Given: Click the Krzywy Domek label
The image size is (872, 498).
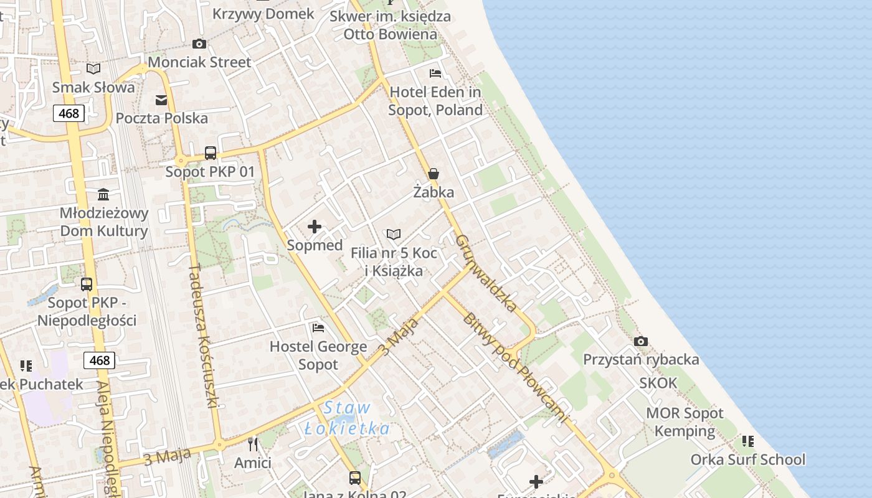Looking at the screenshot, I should [x=263, y=14].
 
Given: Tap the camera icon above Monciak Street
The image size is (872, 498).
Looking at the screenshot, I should [x=199, y=44].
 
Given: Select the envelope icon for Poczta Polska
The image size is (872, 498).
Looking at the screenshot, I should [x=161, y=100].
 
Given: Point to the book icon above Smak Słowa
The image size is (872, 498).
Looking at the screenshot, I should [x=93, y=68].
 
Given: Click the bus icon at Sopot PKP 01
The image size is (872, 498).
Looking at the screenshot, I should [x=211, y=153].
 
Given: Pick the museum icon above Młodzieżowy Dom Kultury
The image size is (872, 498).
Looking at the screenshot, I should [x=103, y=195].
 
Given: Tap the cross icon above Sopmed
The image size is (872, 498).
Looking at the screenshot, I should [x=315, y=227].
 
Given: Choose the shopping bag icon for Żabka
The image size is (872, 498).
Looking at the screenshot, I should [x=434, y=174].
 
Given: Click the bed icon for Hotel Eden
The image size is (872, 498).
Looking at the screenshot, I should [x=435, y=73].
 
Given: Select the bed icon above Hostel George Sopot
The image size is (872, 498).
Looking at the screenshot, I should [x=318, y=327].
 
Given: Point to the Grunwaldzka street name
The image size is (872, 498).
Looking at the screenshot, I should [x=486, y=273].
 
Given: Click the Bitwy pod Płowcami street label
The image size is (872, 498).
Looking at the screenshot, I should [x=515, y=367].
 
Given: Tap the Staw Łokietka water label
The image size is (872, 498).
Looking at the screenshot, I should [x=348, y=418].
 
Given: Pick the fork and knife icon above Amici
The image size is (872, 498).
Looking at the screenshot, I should [x=253, y=444].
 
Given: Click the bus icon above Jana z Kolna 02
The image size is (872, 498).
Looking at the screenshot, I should [x=355, y=477].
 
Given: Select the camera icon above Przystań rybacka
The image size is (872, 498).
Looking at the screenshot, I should [x=640, y=341].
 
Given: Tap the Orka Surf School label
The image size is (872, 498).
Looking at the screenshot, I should [x=747, y=460].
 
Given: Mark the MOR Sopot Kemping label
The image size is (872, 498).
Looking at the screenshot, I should [x=685, y=422].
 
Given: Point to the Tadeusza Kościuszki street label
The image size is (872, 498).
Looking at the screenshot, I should [x=203, y=336].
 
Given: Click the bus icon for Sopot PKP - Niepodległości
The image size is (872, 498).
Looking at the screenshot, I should [x=87, y=284].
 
